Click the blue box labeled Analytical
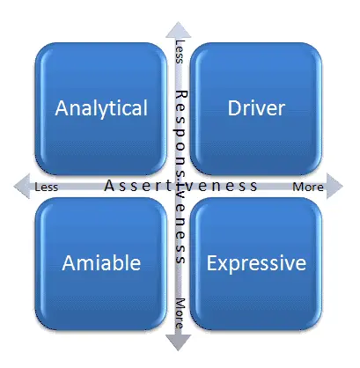(101, 109)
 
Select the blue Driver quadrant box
(256, 109)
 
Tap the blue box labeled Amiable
(101, 264)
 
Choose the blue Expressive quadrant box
(256, 264)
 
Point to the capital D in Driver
(234, 108)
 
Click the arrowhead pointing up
(178, 30)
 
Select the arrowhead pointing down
(178, 342)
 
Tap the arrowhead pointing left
(22, 186)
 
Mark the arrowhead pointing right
(334, 186)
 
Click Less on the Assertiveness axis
(47, 187)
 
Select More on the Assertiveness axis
(308, 187)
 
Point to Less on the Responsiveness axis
(180, 52)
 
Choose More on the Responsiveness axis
(180, 313)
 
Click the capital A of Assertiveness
(109, 186)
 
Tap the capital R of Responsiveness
(181, 95)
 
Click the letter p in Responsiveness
(180, 132)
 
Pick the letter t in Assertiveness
(169, 186)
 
